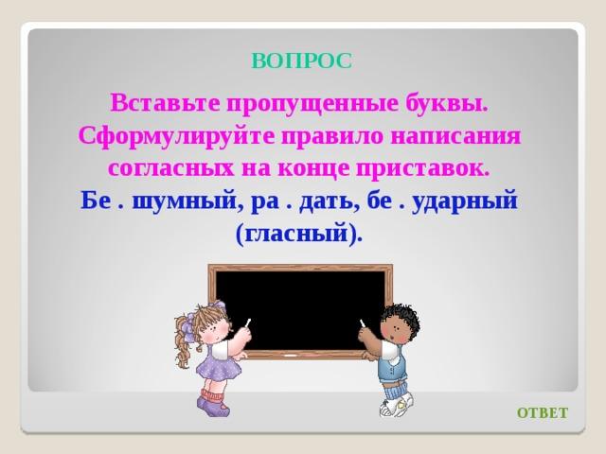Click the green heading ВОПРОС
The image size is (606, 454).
(x=302, y=61)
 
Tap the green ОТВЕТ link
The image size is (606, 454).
(x=543, y=412)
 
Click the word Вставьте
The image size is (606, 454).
(x=166, y=103)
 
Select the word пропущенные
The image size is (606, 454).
(x=312, y=104)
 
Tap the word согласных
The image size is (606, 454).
(x=171, y=168)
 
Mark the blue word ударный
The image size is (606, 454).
(x=465, y=201)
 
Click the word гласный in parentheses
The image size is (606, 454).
(x=296, y=234)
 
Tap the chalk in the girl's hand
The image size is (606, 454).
(x=248, y=323)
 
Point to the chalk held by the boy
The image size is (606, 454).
(x=363, y=323)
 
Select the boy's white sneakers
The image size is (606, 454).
(x=396, y=406)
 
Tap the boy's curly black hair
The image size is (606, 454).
(x=400, y=318)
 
